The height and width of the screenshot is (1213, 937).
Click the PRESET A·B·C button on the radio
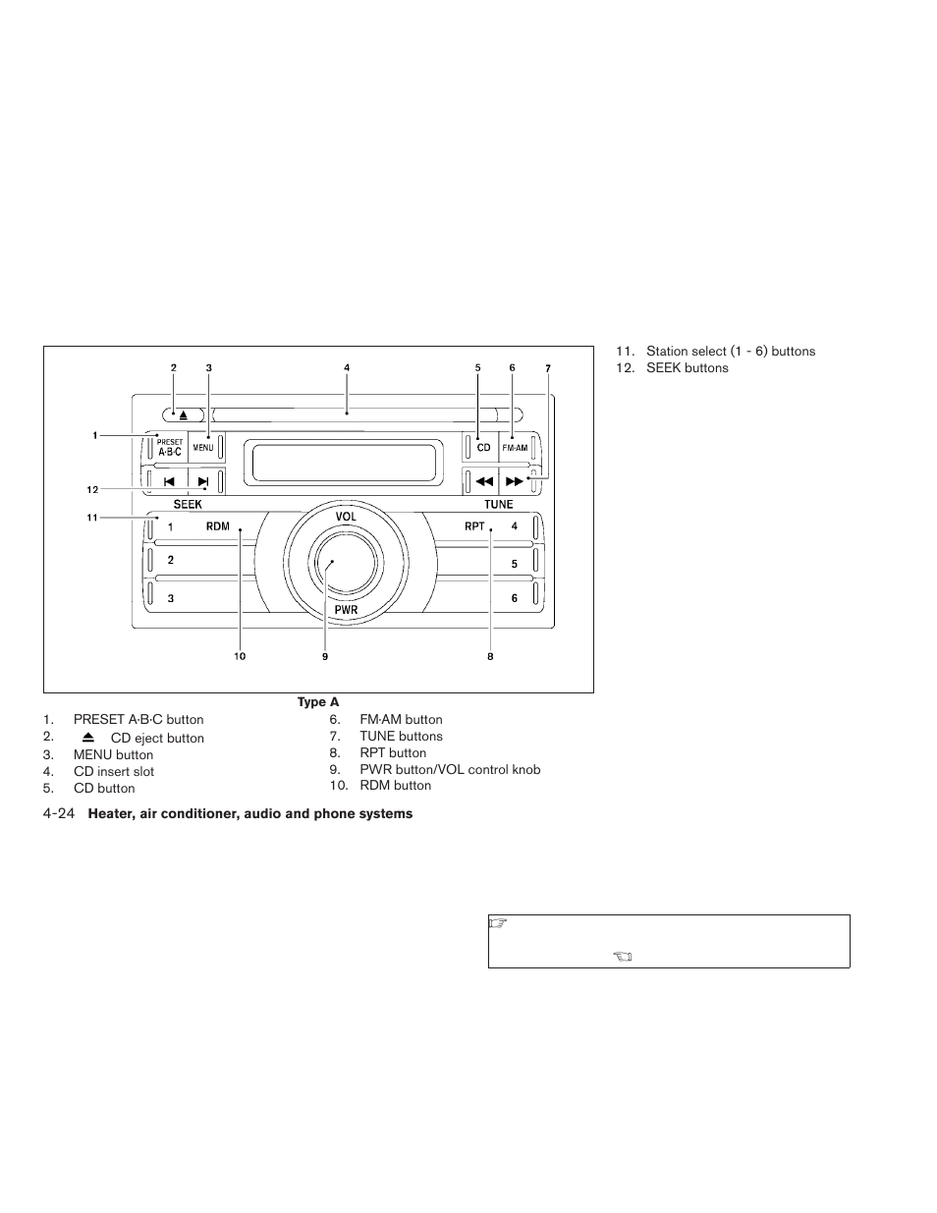click(170, 448)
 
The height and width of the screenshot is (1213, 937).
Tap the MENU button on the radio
click(203, 448)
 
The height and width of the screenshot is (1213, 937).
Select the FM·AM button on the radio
click(515, 448)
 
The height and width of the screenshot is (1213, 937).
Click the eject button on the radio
click(183, 414)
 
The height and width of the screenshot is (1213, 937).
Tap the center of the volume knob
click(333, 563)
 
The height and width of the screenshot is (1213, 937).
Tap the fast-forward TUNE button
click(514, 481)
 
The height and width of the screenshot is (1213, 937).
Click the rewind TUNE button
click(483, 481)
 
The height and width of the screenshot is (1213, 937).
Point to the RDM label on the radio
click(217, 526)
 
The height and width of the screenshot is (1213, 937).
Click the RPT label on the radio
click(474, 526)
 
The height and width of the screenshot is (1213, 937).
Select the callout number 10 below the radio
click(240, 656)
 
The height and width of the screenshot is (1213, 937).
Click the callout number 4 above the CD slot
click(347, 367)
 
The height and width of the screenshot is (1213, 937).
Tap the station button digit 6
click(514, 598)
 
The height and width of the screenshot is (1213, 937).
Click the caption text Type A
click(318, 702)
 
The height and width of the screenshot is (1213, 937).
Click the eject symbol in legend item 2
click(88, 737)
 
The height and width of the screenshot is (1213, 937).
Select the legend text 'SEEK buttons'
click(687, 368)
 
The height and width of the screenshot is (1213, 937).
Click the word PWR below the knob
click(346, 610)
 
